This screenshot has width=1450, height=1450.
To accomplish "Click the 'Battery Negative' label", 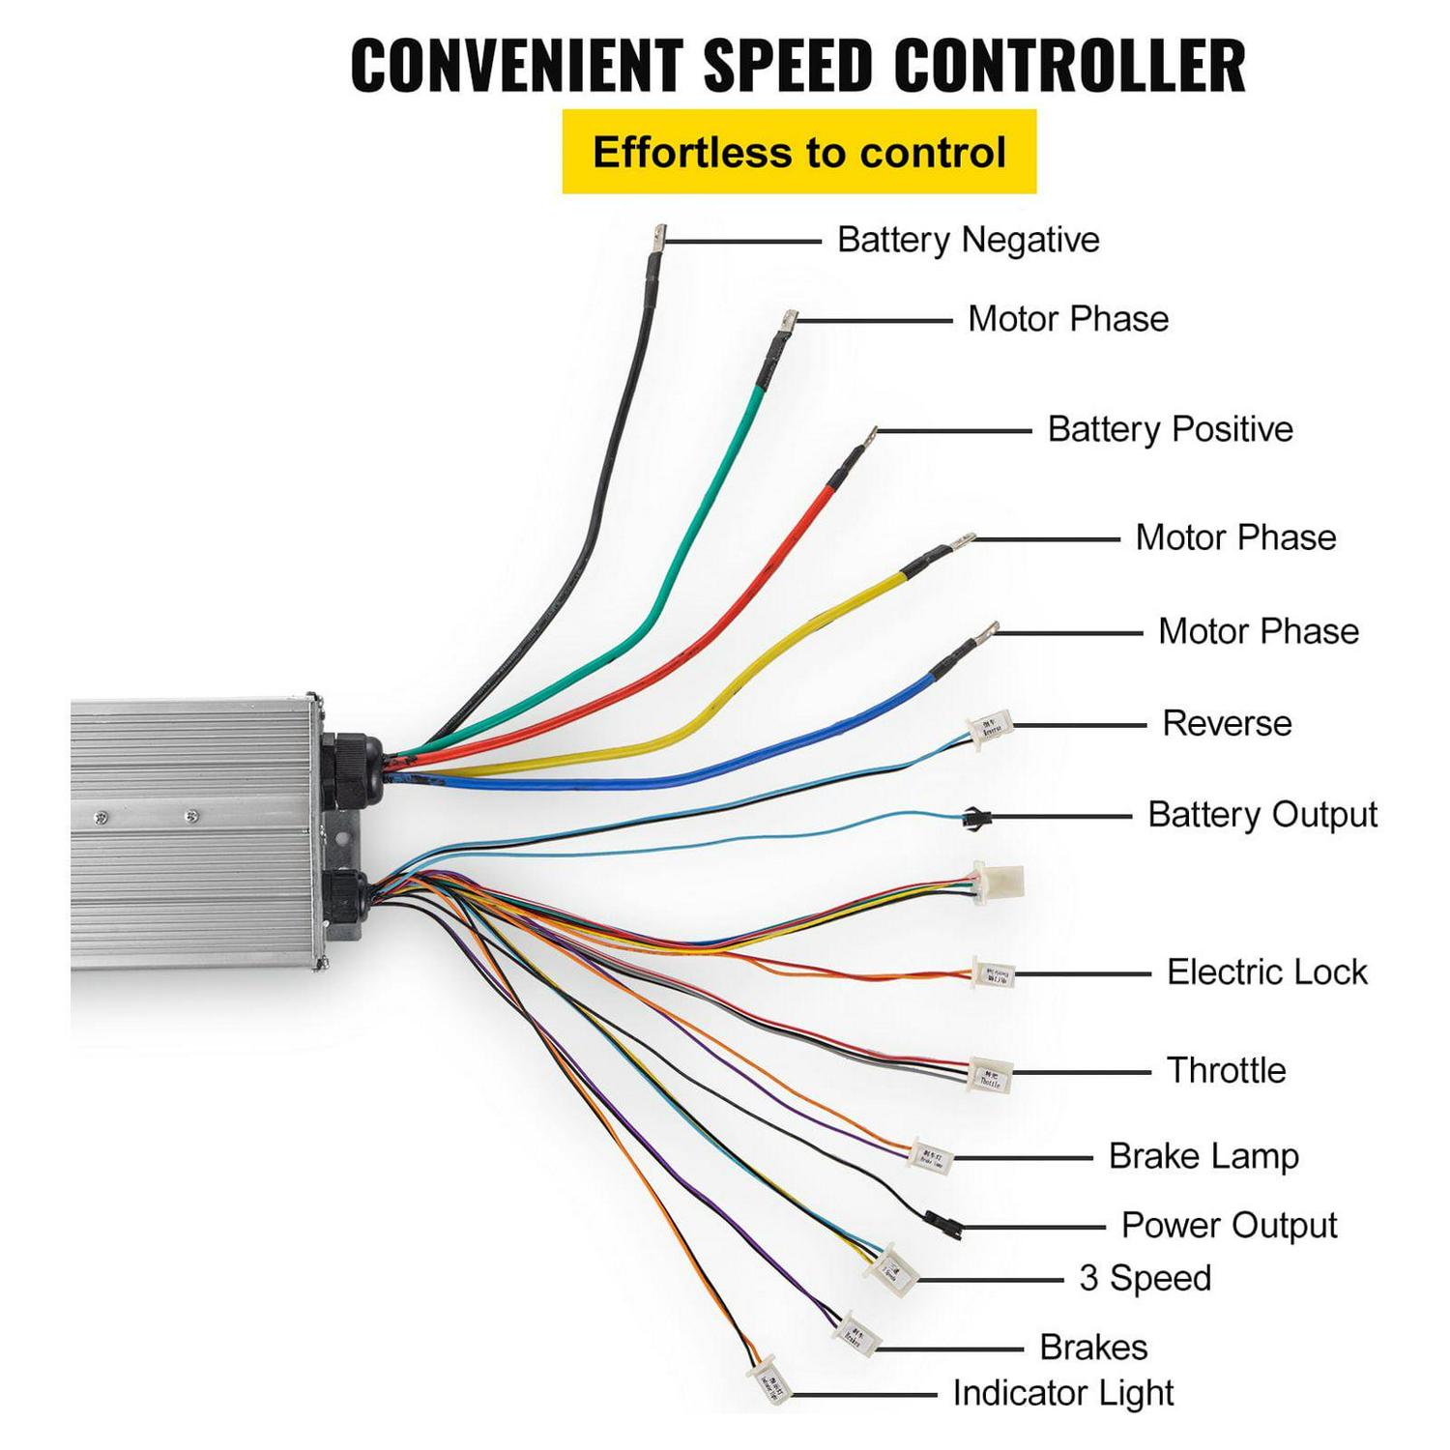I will tap(968, 240).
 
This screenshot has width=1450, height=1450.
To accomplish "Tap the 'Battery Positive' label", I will tap(1170, 429).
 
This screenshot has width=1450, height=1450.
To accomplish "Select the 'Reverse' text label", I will tap(1227, 723).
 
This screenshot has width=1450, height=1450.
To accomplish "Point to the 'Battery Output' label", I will tap(1261, 815).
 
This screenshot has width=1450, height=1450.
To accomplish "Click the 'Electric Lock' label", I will tap(1266, 972).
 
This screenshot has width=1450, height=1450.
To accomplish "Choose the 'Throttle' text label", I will tap(1226, 1071).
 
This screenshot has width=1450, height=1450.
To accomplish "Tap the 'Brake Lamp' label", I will tap(1203, 1156).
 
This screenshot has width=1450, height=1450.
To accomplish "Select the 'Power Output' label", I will tap(1229, 1226).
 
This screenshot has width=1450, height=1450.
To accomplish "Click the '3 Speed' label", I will tap(1145, 1279).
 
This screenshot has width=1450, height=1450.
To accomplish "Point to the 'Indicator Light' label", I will tap(1063, 1393).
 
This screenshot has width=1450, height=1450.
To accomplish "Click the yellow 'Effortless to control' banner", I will tap(798, 153).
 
